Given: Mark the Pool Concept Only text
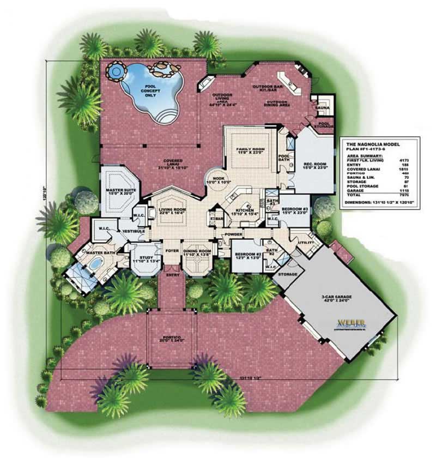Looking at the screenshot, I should point(140,88).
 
